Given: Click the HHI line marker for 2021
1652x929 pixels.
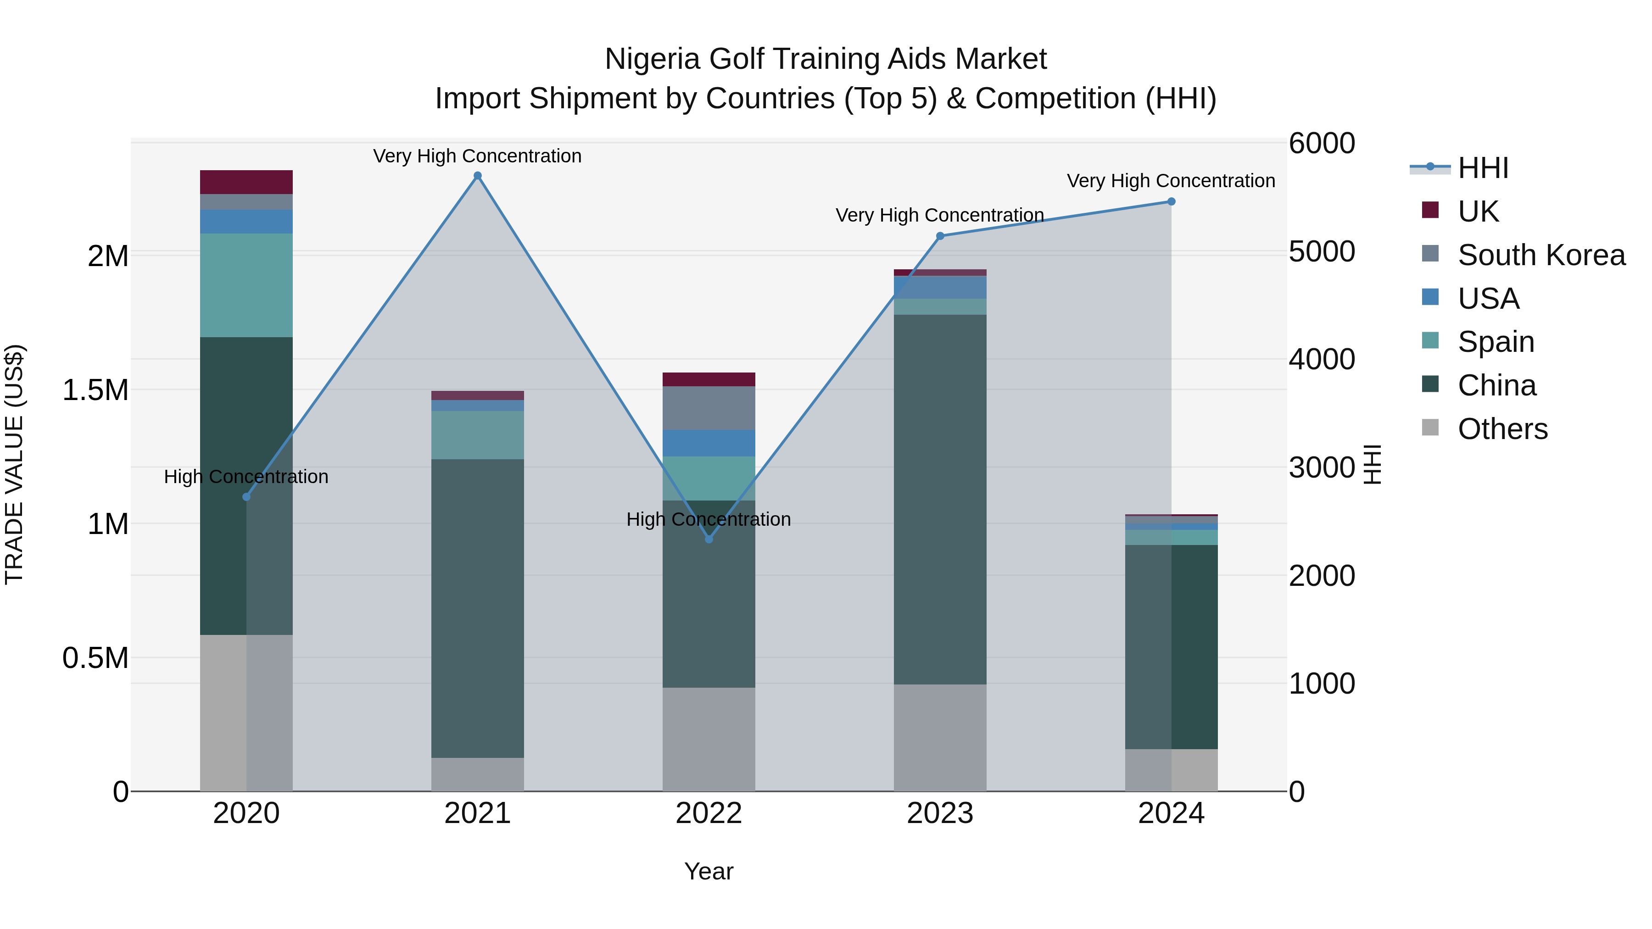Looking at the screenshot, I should (x=477, y=176).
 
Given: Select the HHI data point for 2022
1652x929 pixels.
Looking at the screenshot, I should (x=709, y=539).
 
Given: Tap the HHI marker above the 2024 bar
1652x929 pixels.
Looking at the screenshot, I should (x=1171, y=201).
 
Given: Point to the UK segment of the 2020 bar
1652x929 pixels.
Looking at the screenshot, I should (x=246, y=182).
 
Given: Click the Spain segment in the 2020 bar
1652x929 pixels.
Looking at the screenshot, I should (x=246, y=285).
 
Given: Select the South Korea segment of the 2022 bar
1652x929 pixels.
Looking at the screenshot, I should (x=709, y=408).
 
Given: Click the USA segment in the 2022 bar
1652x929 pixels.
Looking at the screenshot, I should (x=709, y=443).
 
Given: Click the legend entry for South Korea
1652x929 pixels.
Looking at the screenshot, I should (x=1540, y=255).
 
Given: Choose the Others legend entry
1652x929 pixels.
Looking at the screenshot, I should (x=1502, y=429).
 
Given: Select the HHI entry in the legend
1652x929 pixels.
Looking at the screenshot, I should (x=1482, y=168).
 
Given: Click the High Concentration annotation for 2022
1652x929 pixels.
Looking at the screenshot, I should (x=708, y=519).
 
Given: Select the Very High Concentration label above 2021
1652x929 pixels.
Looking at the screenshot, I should (x=477, y=156).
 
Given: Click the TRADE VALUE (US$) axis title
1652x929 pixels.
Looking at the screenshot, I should (x=14, y=464).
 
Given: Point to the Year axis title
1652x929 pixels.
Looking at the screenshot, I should (x=709, y=871).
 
